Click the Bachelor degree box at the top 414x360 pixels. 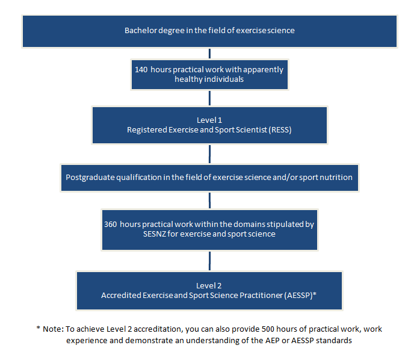click(209, 31)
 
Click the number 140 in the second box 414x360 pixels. click(141, 70)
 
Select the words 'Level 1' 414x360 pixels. click(209, 120)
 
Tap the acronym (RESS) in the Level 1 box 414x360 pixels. click(280, 130)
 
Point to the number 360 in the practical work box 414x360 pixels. click(110, 224)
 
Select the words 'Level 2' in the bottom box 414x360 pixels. click(209, 286)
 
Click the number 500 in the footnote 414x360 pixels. click(268, 329)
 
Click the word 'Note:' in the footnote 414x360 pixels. click(54, 329)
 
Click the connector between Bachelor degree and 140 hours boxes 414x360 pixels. click(209, 54)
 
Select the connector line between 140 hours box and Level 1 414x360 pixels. click(209, 98)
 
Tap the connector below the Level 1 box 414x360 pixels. click(209, 154)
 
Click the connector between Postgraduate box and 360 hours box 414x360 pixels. click(209, 200)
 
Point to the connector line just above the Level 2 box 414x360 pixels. click(209, 261)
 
